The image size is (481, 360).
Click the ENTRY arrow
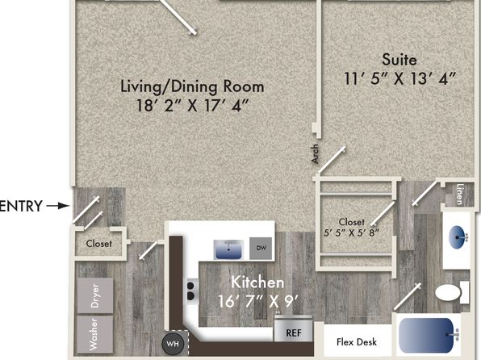tap(58, 206)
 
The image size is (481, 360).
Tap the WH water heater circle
tap(173, 343)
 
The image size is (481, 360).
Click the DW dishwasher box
tap(261, 248)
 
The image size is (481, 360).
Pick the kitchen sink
tap(228, 249)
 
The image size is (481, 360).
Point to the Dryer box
tap(94, 295)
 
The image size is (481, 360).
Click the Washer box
tap(94, 334)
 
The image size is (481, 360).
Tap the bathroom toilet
tap(452, 293)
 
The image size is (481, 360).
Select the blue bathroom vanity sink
tap(458, 237)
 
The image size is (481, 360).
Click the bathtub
tap(429, 335)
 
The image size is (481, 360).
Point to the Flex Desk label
tap(357, 342)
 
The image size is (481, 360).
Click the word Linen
tap(459, 194)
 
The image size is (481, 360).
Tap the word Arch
tap(315, 153)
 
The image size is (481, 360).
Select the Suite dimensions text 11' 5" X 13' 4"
tap(400, 78)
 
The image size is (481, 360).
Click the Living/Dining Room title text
tap(192, 86)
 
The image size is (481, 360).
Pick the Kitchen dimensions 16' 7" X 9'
tap(258, 301)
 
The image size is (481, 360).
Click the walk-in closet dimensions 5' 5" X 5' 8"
tap(352, 232)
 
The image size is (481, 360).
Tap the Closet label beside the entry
tap(98, 244)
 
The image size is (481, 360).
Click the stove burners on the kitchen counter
tap(190, 291)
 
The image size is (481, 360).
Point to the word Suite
tap(399, 59)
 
